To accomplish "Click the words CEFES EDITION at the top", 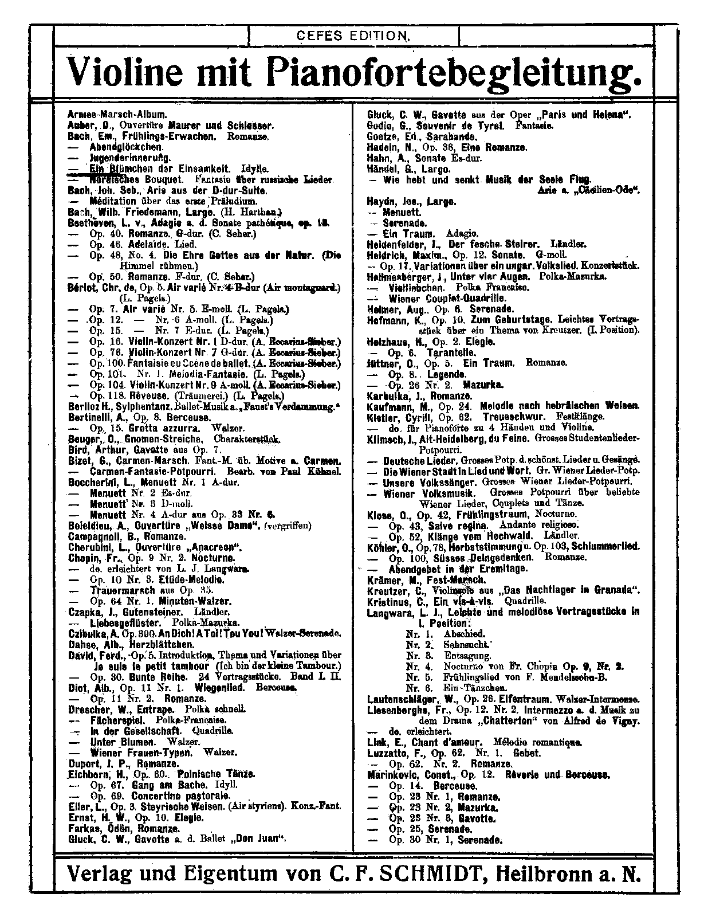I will pyautogui.click(x=354, y=36).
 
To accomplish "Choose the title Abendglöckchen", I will pyautogui.click(x=118, y=146).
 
